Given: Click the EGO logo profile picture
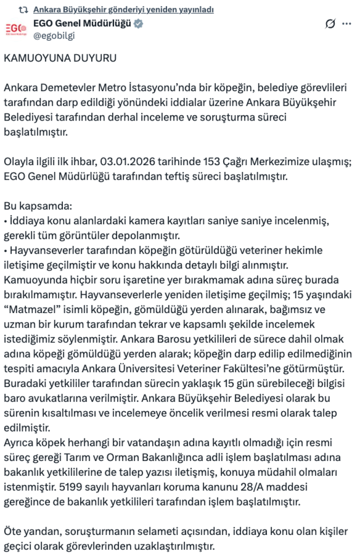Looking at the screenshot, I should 16,29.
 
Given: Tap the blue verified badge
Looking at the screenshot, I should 138,24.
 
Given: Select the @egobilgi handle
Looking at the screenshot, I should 54,36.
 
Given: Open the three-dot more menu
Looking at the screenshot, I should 346,24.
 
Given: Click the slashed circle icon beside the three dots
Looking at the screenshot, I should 330,24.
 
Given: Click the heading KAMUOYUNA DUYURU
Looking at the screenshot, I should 60,59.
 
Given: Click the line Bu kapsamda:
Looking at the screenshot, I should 37,207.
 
